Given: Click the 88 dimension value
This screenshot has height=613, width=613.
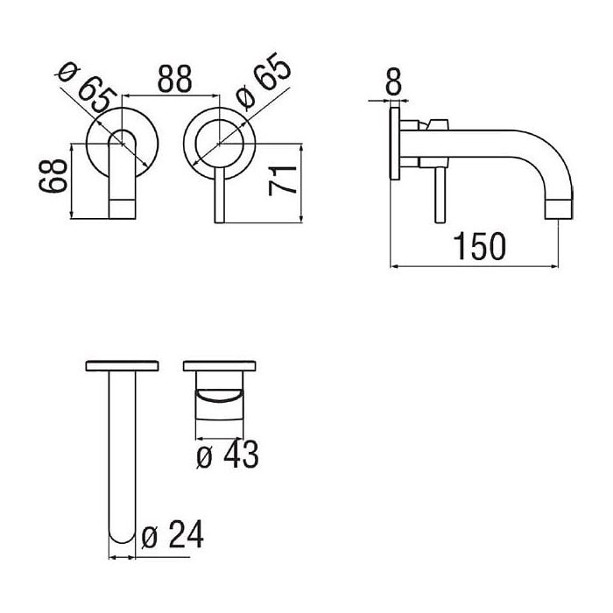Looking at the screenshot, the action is [x=175, y=79].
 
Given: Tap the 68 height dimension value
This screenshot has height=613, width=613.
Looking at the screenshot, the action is [x=53, y=175].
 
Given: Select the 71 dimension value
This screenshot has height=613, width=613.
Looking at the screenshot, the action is [x=282, y=180].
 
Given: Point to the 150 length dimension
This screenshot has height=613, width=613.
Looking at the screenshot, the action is [x=479, y=246].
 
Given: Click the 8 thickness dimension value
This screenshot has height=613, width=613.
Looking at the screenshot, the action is [x=394, y=81].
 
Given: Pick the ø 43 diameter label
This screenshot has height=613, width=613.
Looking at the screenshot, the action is [x=227, y=454].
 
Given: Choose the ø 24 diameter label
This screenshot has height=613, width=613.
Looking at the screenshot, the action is [x=173, y=534].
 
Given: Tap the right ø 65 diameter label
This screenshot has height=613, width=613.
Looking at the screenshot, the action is [x=264, y=81].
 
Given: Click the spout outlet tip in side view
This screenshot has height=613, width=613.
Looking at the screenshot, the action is [x=559, y=209].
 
